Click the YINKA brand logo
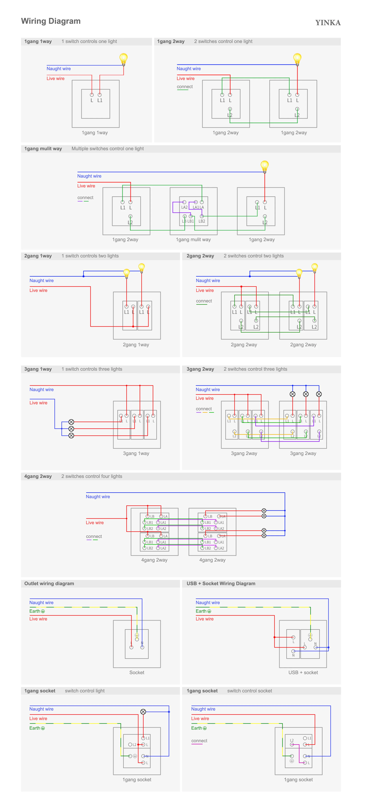[x=328, y=23]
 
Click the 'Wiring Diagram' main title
[x=51, y=21]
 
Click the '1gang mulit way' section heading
[x=43, y=149]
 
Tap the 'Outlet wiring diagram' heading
[x=49, y=584]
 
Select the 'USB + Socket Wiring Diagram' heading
[x=221, y=584]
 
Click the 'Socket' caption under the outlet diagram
[x=137, y=672]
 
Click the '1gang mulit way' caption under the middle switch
[x=193, y=240]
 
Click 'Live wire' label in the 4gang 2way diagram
[x=95, y=523]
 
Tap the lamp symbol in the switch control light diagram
[x=143, y=712]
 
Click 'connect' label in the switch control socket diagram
[x=199, y=741]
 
